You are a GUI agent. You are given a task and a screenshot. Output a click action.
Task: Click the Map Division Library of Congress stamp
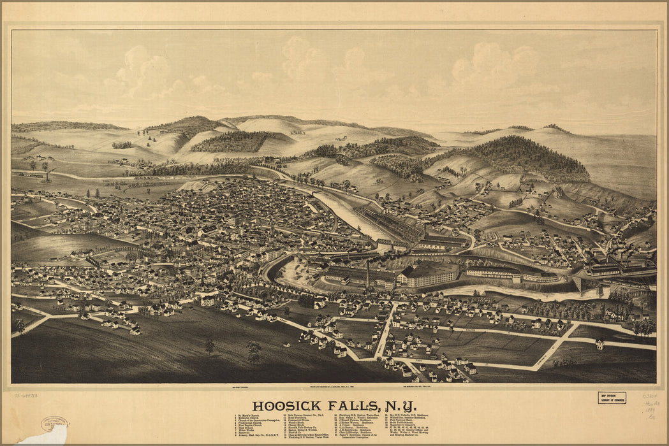click(x=611, y=398)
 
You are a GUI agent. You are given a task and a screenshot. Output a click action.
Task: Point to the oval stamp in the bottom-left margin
click(x=54, y=424)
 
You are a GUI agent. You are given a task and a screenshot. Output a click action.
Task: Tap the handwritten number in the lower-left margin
click(x=26, y=396)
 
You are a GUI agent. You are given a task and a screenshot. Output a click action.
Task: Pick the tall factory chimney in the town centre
click(x=367, y=272)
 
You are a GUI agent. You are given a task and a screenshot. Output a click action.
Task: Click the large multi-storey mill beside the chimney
click(x=427, y=275)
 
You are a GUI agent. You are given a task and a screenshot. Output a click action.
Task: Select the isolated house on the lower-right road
click(x=600, y=343)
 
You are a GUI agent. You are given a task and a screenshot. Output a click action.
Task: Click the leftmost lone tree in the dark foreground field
click(x=209, y=347)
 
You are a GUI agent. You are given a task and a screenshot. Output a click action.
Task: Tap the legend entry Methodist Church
click(x=251, y=419)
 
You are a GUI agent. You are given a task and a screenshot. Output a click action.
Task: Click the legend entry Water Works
click(x=249, y=431)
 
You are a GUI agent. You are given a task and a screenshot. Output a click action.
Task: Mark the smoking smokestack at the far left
click(x=45, y=168)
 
